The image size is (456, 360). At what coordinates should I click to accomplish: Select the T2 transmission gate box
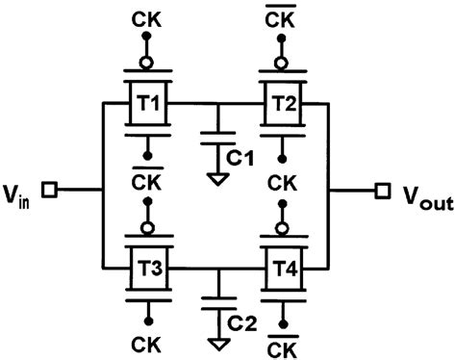[284, 101]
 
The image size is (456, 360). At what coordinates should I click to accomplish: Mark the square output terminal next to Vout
[382, 191]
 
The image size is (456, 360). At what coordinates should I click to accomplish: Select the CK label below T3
[146, 345]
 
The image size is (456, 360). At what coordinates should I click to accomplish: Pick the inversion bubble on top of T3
[146, 227]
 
